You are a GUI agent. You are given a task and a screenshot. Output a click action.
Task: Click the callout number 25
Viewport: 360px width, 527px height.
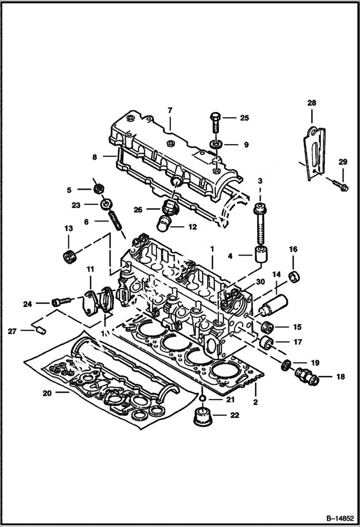pos(245,118)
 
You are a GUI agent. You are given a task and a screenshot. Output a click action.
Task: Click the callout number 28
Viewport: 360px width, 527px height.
pos(311,103)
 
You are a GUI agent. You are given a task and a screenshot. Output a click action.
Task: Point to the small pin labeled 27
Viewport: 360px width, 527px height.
pos(40,330)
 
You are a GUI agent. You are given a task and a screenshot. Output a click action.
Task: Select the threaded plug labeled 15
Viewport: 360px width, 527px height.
pos(267,327)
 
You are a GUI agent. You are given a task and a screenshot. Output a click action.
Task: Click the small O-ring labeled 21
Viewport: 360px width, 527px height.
pos(203,398)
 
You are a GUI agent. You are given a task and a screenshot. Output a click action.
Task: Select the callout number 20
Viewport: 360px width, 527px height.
pos(47,393)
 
